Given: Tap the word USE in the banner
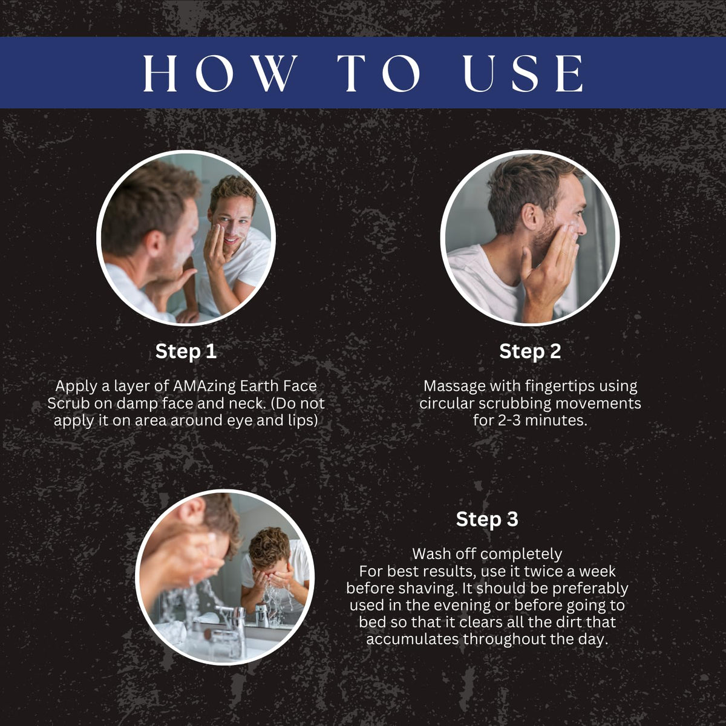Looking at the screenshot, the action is (523, 73).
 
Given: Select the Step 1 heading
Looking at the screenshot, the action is (186, 351).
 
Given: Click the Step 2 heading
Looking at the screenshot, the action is (530, 351).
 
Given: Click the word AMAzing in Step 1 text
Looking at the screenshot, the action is (204, 386).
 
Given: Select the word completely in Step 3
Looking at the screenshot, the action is (522, 555).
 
